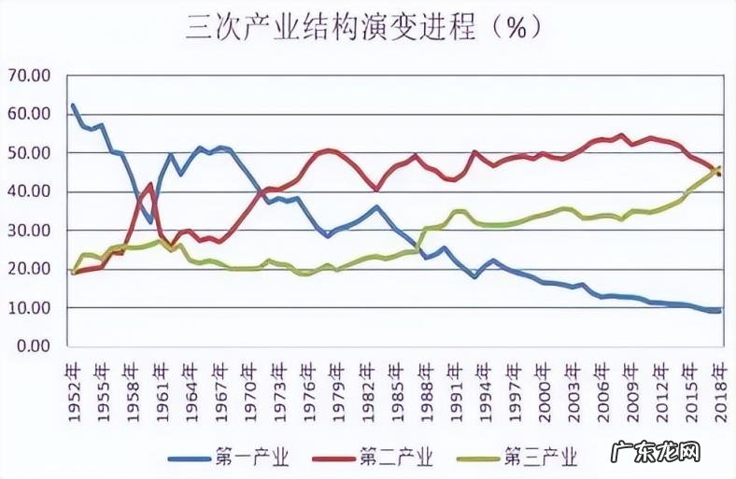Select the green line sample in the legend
click(x=480, y=458)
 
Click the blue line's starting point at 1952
click(x=73, y=105)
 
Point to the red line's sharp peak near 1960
click(x=150, y=184)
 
